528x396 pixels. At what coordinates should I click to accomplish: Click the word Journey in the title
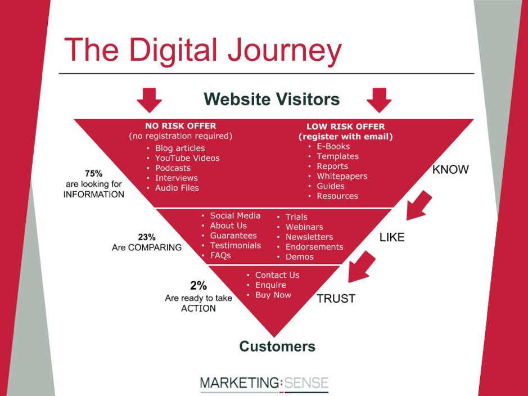285,51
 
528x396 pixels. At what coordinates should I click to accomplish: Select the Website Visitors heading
272,99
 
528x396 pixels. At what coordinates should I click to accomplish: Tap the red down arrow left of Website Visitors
149,100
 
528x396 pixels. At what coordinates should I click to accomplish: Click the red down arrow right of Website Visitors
379,100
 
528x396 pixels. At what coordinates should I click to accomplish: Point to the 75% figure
93,173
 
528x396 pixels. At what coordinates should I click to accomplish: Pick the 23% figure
147,237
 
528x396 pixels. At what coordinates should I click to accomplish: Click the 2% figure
198,286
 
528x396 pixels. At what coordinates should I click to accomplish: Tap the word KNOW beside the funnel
450,169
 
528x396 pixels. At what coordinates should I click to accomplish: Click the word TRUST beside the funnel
336,298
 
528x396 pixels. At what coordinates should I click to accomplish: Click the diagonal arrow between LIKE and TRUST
362,267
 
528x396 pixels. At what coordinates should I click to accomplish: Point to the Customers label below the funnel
277,346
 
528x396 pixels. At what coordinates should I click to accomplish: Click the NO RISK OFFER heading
180,126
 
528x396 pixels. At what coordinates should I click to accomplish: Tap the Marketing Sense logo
264,384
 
